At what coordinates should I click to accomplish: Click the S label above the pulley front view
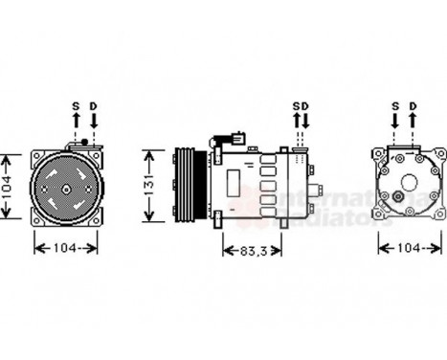76,105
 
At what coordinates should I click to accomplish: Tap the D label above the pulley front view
94,105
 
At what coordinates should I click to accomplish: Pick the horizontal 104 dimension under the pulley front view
65,247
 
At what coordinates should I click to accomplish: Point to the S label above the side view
297,105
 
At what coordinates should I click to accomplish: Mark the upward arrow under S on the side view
297,124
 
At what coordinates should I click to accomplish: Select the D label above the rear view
413,105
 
